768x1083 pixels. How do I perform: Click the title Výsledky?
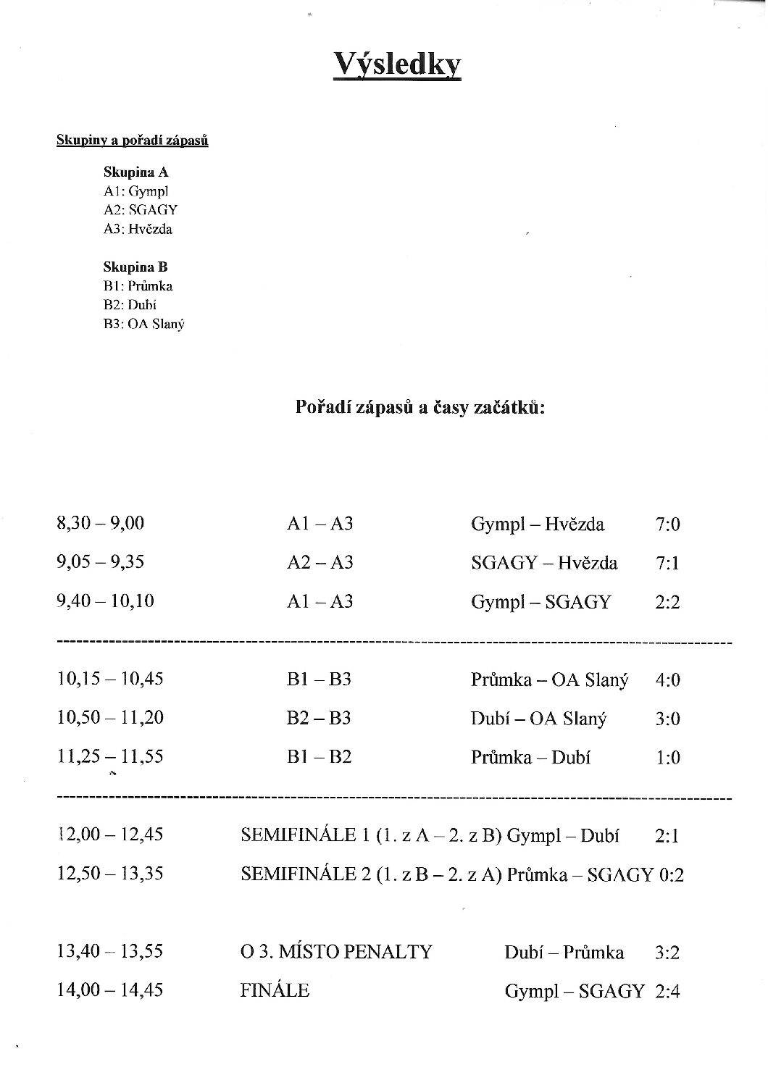tap(397, 64)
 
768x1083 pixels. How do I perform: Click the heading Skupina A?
tap(135, 172)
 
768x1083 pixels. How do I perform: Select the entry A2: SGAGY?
tap(141, 210)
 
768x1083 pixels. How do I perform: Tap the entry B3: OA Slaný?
tap(144, 324)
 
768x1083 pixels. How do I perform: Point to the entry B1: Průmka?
tap(138, 286)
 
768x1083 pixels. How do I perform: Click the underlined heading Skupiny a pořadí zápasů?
tap(133, 141)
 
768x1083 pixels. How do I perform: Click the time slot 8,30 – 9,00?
tap(100, 523)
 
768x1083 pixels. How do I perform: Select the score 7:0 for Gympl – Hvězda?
tap(667, 524)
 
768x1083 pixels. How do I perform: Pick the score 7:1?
tap(667, 563)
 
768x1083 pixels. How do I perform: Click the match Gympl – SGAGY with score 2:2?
tap(540, 602)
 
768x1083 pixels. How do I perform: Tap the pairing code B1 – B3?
tap(319, 680)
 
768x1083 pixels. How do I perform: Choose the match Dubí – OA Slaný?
tap(538, 719)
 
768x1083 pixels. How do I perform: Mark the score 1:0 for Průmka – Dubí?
tap(667, 758)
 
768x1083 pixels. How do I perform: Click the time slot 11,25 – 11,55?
tap(109, 757)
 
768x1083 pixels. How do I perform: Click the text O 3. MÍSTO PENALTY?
tap(336, 952)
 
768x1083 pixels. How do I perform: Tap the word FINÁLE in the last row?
tap(275, 990)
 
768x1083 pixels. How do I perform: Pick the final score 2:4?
tap(667, 992)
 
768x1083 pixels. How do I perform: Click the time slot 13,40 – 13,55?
tap(109, 951)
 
